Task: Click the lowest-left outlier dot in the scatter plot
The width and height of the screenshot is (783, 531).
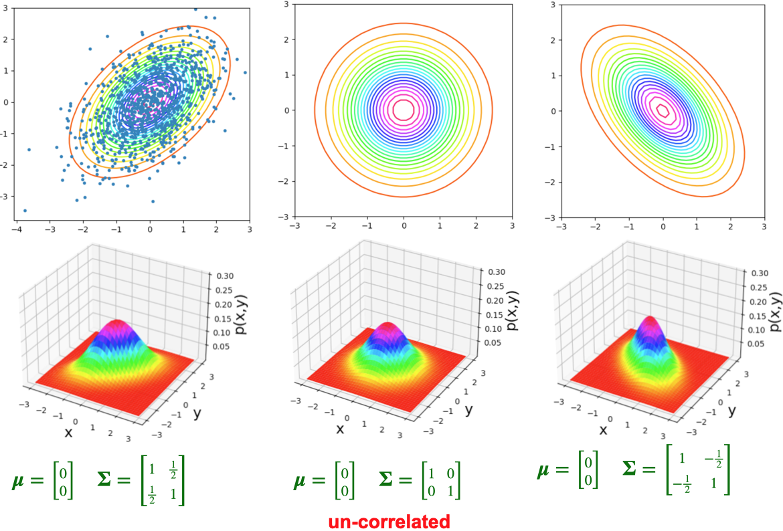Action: tap(25, 211)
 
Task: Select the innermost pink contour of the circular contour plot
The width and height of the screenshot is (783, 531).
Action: tap(403, 108)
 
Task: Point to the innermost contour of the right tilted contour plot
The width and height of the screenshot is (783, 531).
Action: tap(663, 109)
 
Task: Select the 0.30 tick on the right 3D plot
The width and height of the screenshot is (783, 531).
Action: tap(757, 274)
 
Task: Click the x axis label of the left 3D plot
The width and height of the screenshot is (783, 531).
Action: tap(68, 432)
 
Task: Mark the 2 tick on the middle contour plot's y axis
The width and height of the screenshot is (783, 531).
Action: tap(285, 39)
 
